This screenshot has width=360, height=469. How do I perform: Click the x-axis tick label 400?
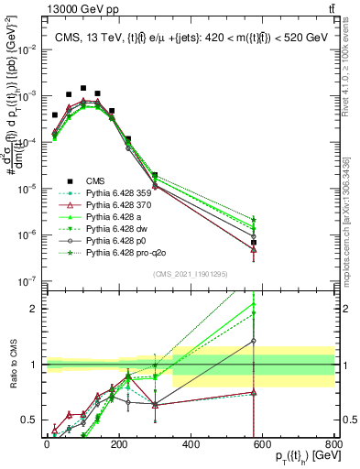[x=191, y=445]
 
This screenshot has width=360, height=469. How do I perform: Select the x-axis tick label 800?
[x=334, y=445]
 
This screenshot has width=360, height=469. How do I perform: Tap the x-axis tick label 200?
[x=119, y=445]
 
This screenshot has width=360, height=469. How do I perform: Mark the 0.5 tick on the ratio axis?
[x=34, y=420]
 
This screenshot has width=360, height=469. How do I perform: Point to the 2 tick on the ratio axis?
[x=38, y=309]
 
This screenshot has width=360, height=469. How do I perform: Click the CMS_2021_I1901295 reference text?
[x=190, y=274]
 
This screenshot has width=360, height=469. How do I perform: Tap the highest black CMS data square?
[x=83, y=89]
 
